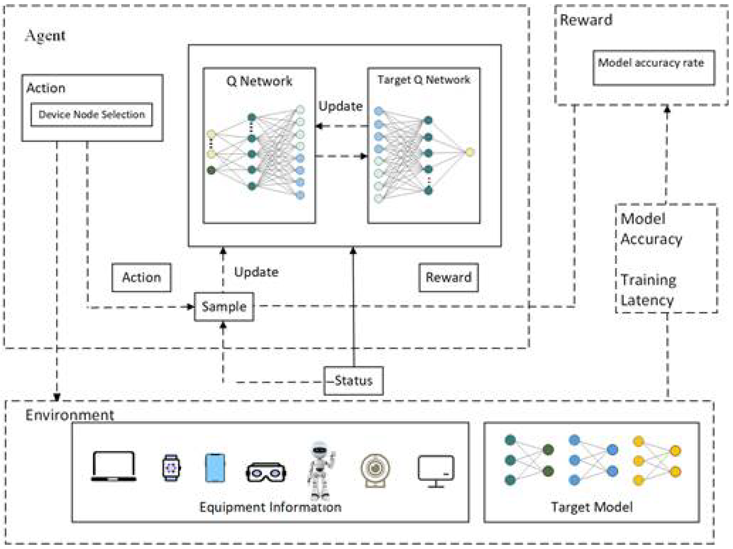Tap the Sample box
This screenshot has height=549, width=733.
(224, 307)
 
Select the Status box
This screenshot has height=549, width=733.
(353, 381)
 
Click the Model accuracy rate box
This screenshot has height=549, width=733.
(653, 68)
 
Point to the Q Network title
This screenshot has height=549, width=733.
(259, 81)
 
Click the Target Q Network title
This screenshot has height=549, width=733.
(424, 80)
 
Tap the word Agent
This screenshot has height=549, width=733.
(45, 36)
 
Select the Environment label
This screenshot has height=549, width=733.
(70, 415)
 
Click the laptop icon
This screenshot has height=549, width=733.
(114, 466)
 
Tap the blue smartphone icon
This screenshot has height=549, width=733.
(215, 468)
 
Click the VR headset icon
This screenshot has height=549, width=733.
(266, 472)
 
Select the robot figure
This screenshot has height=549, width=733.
(320, 470)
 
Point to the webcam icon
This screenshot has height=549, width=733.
(375, 470)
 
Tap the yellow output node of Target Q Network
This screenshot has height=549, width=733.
(470, 152)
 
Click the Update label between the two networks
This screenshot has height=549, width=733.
(340, 106)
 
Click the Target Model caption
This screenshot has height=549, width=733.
(592, 507)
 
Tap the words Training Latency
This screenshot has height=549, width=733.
(648, 290)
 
